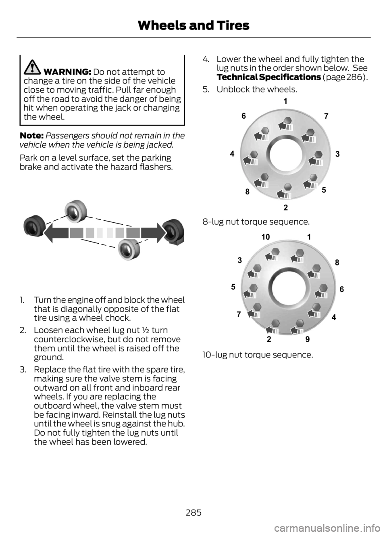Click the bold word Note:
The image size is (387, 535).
31,135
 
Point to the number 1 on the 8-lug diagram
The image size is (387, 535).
285,102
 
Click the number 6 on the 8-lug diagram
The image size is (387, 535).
243,116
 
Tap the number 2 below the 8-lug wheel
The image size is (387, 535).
285,208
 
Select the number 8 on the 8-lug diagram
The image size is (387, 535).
247,192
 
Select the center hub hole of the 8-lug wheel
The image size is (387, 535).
286,155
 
